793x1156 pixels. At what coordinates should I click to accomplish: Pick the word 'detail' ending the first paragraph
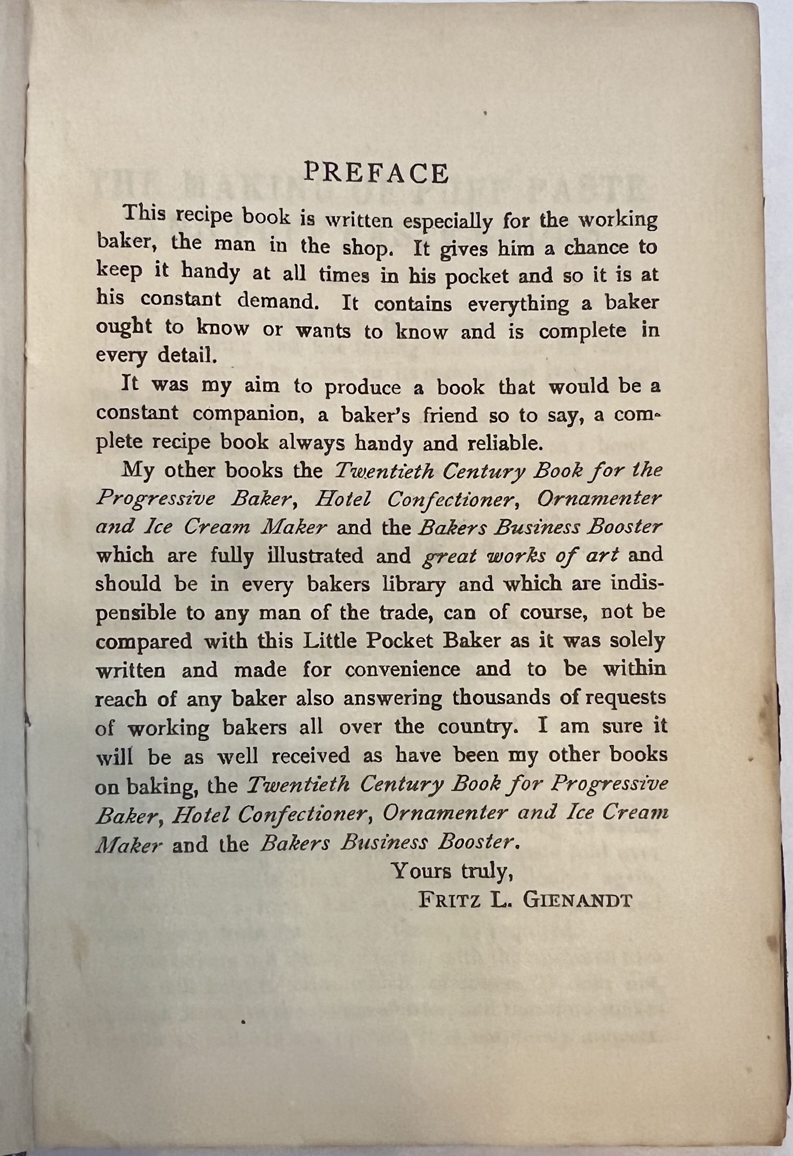[187, 356]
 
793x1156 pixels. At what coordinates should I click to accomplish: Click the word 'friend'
[450, 414]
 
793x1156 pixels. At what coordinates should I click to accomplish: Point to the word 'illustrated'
[315, 556]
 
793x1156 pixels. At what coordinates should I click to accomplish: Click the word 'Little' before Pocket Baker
[331, 641]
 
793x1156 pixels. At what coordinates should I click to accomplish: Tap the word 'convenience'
[402, 670]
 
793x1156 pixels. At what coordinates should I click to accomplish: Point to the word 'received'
[310, 756]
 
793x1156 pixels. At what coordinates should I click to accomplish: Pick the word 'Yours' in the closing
[421, 871]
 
